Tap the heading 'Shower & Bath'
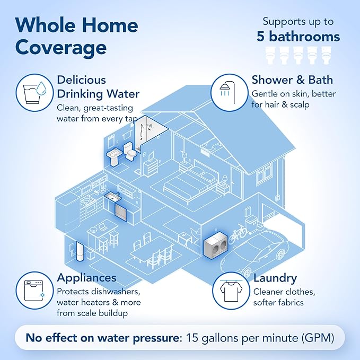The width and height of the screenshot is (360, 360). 292,80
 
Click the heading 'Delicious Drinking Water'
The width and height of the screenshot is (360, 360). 98,87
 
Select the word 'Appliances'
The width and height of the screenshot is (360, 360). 86,278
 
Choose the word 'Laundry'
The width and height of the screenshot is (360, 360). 275,278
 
